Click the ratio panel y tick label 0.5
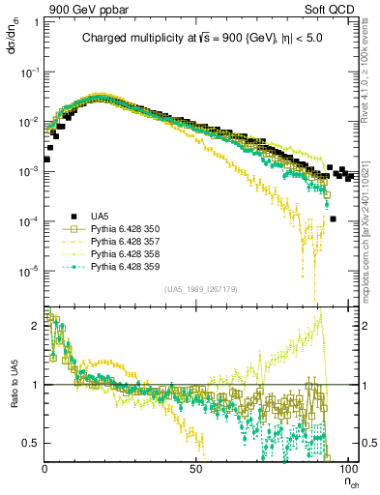32,443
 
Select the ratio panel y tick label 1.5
32,355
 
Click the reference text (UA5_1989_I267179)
200,289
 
